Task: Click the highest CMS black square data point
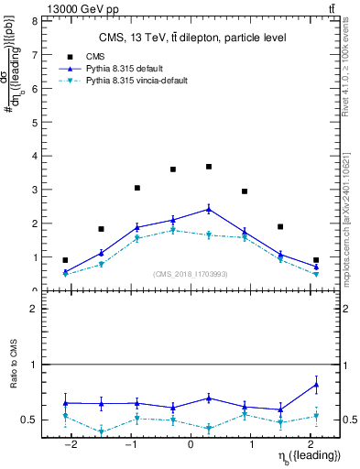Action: pyautogui.click(x=209, y=167)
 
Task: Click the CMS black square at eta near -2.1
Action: pyautogui.click(x=65, y=260)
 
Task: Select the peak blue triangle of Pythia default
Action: pyautogui.click(x=209, y=209)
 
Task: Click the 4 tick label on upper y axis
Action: pyautogui.click(x=35, y=156)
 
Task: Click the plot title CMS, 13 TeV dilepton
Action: pyautogui.click(x=192, y=38)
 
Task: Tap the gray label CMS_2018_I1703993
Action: pyautogui.click(x=191, y=274)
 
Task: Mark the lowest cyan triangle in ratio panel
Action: pyautogui.click(x=101, y=431)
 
